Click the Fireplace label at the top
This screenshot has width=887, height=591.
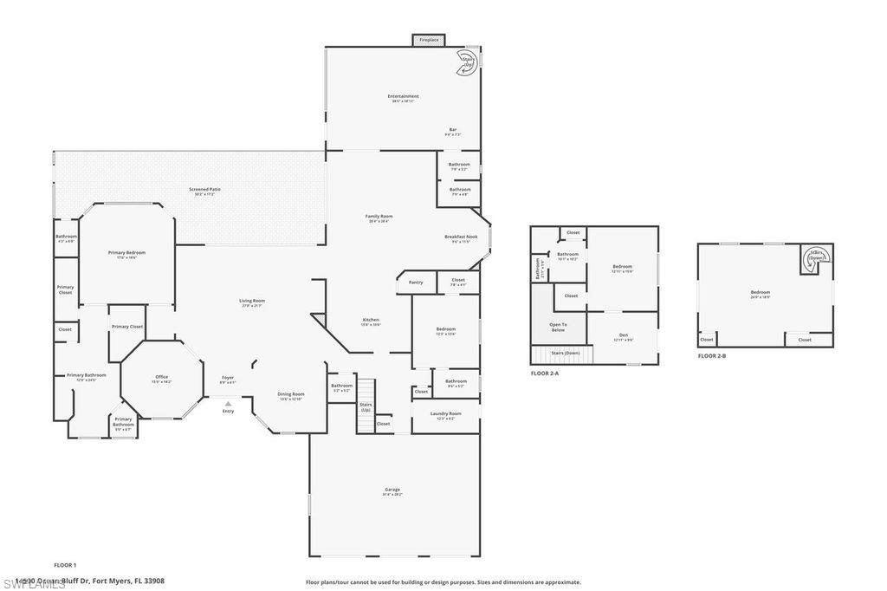tap(429, 40)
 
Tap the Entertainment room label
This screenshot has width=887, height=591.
tap(404, 97)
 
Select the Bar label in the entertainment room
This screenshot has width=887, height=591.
tap(452, 131)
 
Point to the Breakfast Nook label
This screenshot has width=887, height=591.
tap(461, 238)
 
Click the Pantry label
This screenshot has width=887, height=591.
tap(416, 282)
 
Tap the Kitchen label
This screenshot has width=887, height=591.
tap(371, 321)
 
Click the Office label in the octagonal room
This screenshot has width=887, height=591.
tap(161, 378)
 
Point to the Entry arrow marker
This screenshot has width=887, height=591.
tap(228, 404)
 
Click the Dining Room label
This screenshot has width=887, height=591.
tap(290, 395)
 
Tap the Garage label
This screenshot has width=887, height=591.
tap(392, 490)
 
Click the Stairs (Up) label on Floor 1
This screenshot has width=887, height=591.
tap(366, 406)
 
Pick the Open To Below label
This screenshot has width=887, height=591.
tap(558, 327)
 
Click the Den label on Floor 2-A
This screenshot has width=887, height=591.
tap(623, 336)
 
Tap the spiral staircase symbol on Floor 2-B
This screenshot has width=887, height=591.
tap(816, 256)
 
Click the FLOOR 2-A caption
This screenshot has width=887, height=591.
tap(545, 373)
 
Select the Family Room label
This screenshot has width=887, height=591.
tap(379, 218)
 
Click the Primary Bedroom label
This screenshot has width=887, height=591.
tap(126, 254)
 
